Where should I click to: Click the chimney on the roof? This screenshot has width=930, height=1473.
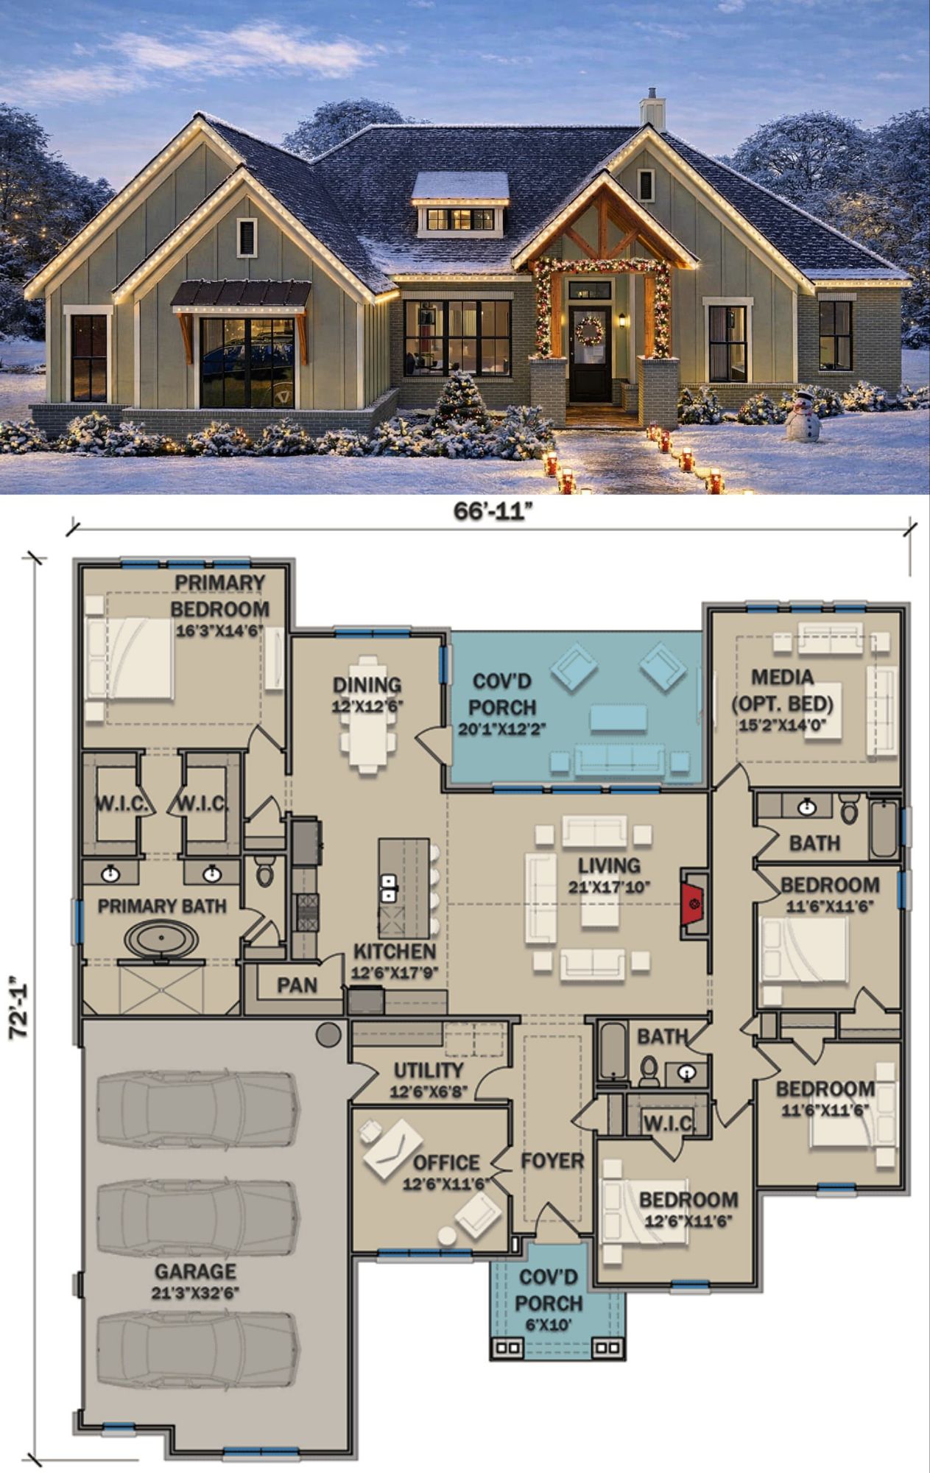pyautogui.click(x=652, y=110)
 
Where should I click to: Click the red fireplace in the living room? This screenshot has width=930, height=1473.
pyautogui.click(x=693, y=904)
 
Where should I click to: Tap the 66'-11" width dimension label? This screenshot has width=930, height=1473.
pyautogui.click(x=493, y=512)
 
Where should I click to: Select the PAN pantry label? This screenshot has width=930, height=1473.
pyautogui.click(x=297, y=985)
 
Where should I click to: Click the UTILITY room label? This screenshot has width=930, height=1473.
pyautogui.click(x=429, y=1070)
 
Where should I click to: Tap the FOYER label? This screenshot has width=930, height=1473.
pyautogui.click(x=552, y=1161)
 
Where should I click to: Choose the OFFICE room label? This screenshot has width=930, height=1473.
pyautogui.click(x=446, y=1162)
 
